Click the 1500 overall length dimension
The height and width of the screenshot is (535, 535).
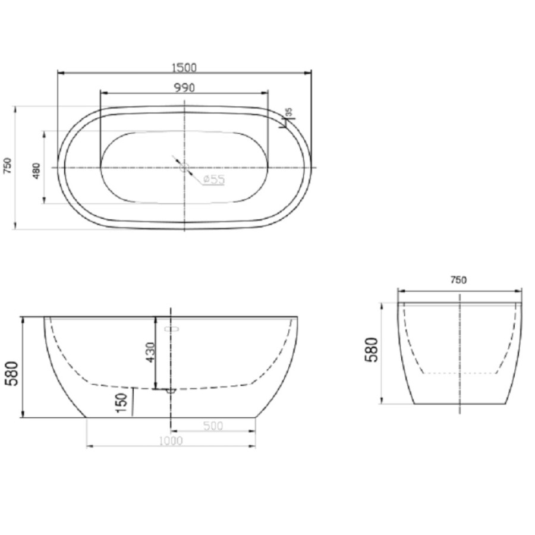(x=184, y=68)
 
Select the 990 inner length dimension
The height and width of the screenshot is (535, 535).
(x=185, y=88)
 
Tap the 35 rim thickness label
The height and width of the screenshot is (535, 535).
(x=289, y=112)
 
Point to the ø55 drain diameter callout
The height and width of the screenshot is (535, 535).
(x=214, y=180)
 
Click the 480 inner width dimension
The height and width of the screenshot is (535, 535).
(x=36, y=171)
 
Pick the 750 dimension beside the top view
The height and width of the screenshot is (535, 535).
(x=8, y=165)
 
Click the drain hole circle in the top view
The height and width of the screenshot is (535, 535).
(x=185, y=168)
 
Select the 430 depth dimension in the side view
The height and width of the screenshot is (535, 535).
(x=150, y=352)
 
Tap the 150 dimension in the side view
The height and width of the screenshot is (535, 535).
(x=122, y=402)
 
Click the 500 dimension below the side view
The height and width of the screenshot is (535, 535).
(x=213, y=426)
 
